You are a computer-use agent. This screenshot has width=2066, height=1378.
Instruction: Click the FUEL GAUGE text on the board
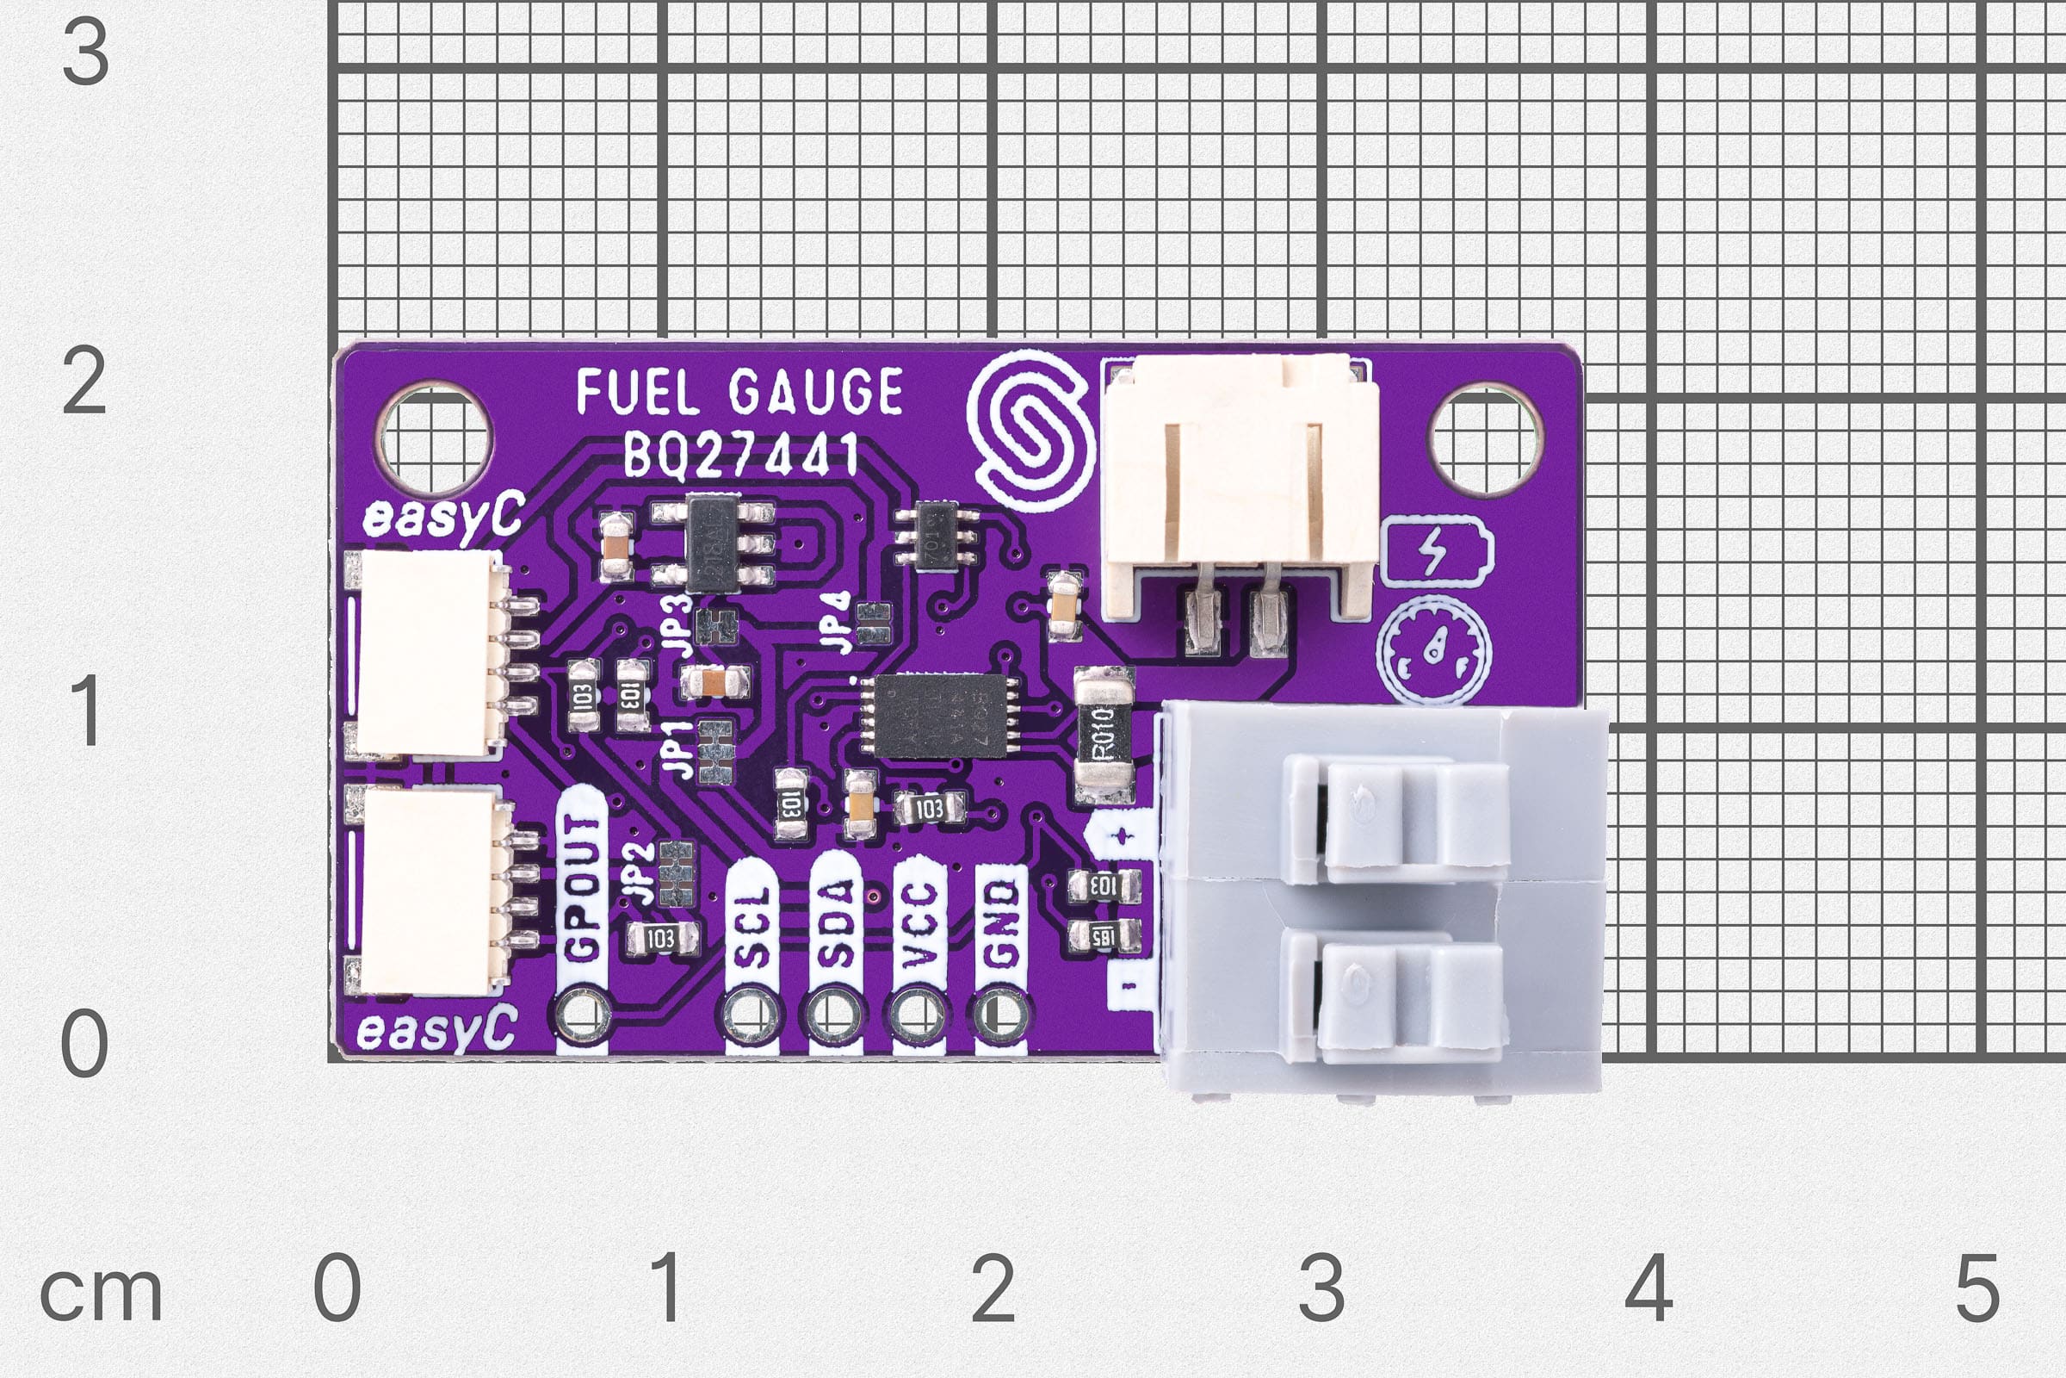(739, 393)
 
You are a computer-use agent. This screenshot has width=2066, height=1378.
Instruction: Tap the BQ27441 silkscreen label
(739, 456)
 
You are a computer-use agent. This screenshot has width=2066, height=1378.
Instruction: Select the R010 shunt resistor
(1104, 735)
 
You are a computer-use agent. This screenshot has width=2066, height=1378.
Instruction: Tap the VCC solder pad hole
(918, 1015)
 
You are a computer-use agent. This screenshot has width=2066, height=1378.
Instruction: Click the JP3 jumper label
(679, 622)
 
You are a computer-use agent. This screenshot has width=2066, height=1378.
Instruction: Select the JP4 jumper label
(838, 622)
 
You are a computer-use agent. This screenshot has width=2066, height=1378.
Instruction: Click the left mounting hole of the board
(434, 438)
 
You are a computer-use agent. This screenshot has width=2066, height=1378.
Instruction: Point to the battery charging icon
(1435, 553)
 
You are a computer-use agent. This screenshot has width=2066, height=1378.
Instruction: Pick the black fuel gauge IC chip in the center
(939, 715)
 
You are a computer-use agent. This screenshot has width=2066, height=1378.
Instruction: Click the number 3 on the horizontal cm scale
(1321, 1288)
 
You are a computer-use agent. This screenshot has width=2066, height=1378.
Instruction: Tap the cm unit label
(101, 1294)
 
